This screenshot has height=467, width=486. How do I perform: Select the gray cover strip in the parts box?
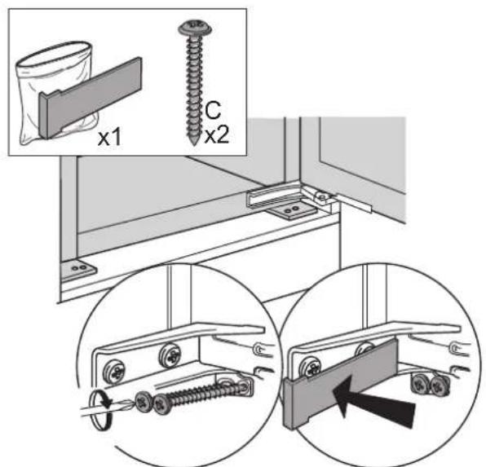[x=91, y=97]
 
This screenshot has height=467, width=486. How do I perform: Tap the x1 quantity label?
[x=109, y=138]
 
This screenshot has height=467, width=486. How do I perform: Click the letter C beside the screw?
[x=213, y=110]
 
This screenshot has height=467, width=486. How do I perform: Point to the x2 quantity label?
[x=217, y=135]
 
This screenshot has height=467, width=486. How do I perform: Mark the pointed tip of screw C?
[x=194, y=143]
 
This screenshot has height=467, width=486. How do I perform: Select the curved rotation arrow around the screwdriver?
[x=101, y=410]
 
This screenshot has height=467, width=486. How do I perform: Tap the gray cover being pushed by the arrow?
[x=340, y=383]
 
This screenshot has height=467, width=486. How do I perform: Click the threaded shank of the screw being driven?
[x=201, y=394]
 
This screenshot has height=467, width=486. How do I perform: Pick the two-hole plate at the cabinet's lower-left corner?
[x=77, y=271]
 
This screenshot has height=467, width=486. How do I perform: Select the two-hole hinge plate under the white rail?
[x=292, y=212]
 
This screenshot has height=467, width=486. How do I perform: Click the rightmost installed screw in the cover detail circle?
[x=440, y=386]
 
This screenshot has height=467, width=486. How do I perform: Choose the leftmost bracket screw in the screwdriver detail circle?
[x=115, y=372]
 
